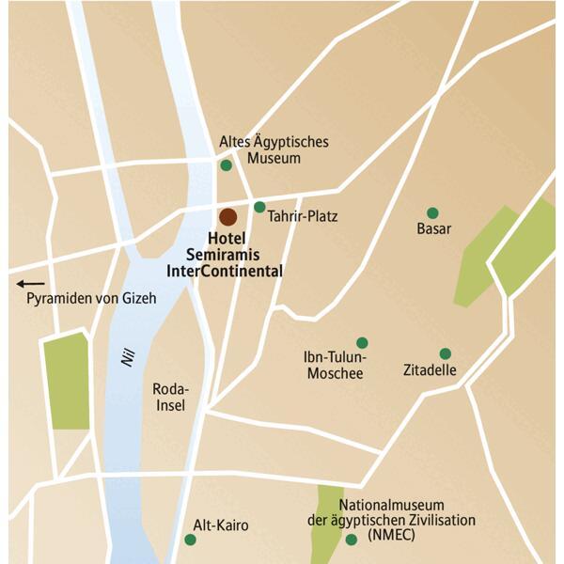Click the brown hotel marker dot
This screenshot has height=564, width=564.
click(x=227, y=216)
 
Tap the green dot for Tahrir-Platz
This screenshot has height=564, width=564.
click(x=259, y=207)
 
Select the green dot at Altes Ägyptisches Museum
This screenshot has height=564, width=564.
click(x=226, y=165)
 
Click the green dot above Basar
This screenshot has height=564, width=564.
click(x=432, y=213)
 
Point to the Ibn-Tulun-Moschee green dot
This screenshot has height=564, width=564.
click(x=362, y=343)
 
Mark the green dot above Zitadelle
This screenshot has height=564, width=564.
click(x=445, y=354)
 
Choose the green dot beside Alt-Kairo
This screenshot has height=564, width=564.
click(x=191, y=540)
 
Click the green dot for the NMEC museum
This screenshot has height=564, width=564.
click(x=352, y=540)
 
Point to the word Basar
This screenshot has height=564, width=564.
click(x=434, y=229)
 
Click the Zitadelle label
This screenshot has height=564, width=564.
click(x=430, y=370)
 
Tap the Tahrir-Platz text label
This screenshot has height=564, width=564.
click(x=302, y=216)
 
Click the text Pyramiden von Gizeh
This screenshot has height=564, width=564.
click(x=90, y=299)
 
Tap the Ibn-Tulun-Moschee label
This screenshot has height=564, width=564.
click(x=334, y=366)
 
